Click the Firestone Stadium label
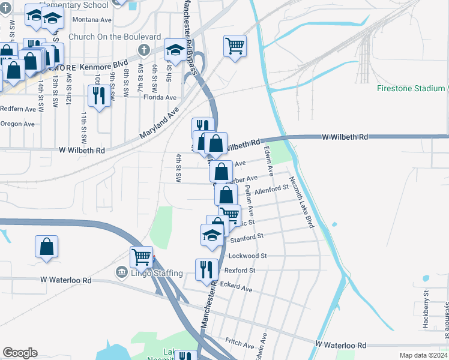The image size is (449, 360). (411, 88)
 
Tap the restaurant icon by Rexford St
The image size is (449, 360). (206, 269)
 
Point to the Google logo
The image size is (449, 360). (20, 353)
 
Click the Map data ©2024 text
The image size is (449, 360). (423, 355)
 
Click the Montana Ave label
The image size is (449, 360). (92, 20)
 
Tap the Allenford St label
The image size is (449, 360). (272, 190)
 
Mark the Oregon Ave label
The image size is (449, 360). (17, 124)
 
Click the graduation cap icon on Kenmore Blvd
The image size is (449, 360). (175, 50)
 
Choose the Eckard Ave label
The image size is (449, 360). (237, 287)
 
